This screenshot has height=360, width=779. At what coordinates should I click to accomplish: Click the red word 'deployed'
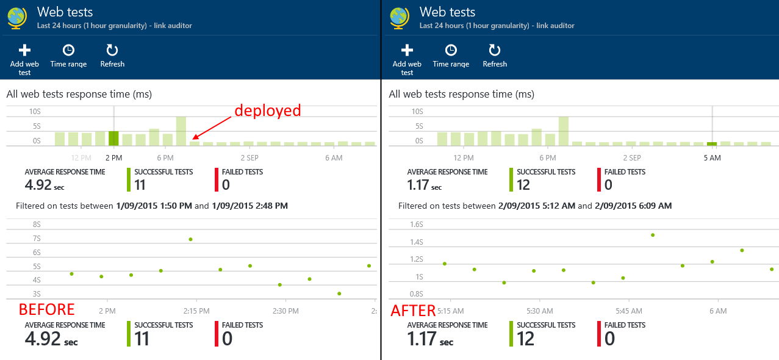point(268,110)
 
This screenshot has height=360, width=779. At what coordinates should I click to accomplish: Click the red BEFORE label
point(46,309)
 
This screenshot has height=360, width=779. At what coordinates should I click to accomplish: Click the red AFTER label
point(413,311)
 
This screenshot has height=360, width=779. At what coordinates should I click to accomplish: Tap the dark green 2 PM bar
point(113,138)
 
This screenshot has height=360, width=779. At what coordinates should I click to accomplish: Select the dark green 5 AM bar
point(712,144)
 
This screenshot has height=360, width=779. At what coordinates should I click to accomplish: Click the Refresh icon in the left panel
point(112,50)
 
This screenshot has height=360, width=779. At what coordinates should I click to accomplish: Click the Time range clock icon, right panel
point(451,50)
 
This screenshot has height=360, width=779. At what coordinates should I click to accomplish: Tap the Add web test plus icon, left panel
point(24,50)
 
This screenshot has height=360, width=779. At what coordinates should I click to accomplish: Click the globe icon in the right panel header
point(400,17)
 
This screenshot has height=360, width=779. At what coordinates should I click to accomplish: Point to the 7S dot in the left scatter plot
point(191,239)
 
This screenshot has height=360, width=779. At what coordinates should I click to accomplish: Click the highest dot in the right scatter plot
point(653,235)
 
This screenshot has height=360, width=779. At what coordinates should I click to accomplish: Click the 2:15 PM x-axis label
point(196,311)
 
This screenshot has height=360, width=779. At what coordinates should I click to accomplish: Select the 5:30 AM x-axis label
point(539,311)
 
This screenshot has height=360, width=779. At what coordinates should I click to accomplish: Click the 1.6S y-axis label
point(417,225)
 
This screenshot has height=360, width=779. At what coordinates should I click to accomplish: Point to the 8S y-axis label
point(37,225)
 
